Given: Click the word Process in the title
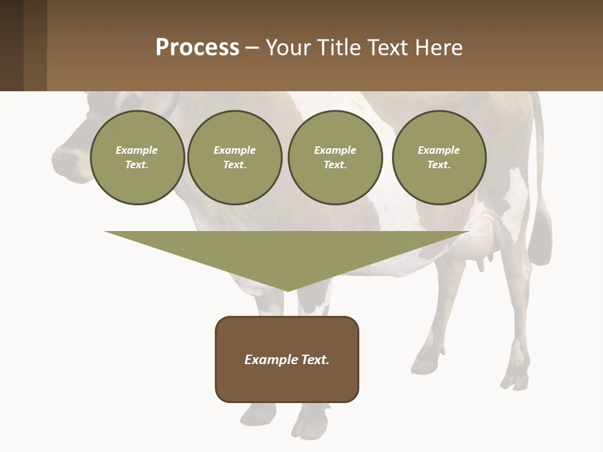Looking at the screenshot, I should pyautogui.click(x=197, y=48).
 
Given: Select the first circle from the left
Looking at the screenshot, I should pyautogui.click(x=137, y=158).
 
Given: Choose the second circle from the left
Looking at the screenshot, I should pyautogui.click(x=235, y=158).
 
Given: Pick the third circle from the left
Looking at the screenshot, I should pyautogui.click(x=335, y=158).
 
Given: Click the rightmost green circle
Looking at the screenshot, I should pyautogui.click(x=439, y=158).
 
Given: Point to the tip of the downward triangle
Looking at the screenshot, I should pyautogui.click(x=287, y=290).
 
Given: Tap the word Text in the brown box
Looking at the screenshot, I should pyautogui.click(x=315, y=360).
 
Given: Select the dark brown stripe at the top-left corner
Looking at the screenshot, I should pyautogui.click(x=11, y=45).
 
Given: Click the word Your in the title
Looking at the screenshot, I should pyautogui.click(x=285, y=48).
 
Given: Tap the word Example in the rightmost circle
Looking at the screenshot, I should pyautogui.click(x=438, y=150).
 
